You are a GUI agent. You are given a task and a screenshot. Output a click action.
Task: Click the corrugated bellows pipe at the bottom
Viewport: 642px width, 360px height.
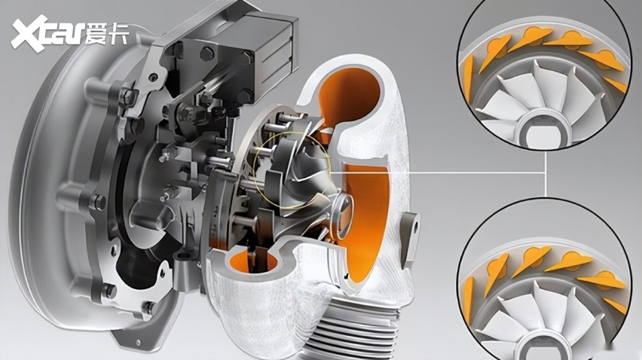point(352,328)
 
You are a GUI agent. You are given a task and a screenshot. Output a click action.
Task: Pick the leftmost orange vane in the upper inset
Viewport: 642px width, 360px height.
point(468,77)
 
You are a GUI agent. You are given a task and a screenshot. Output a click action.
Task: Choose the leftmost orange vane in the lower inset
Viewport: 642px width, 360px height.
point(468,299)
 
